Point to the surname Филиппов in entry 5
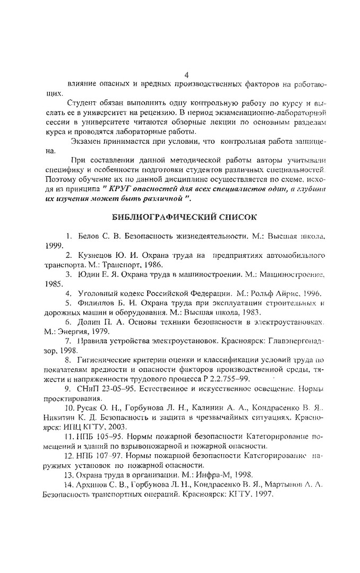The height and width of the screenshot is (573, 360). click(95, 302)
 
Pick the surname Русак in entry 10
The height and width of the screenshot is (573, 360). click(87, 407)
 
